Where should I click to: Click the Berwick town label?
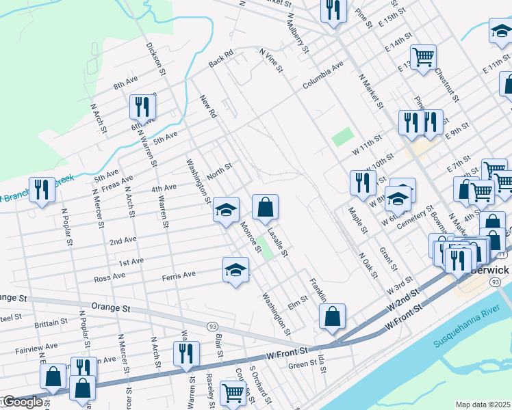coord(490,270)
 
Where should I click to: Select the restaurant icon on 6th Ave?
coord(142,107)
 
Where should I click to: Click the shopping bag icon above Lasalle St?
coord(265,207)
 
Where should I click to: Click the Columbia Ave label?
coord(323,78)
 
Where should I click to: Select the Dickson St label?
coord(156,59)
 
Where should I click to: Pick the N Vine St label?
coord(271,59)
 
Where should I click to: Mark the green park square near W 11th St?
coord(342,137)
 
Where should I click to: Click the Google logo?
coord(22,401)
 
